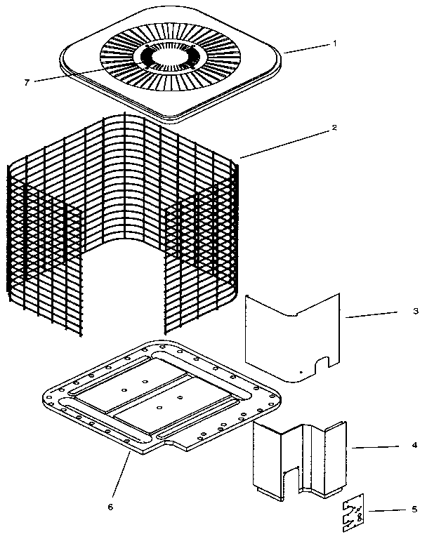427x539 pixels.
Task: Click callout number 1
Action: [335, 43]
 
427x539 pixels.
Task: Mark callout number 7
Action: [27, 82]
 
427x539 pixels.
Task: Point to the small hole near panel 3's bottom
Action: [301, 372]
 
